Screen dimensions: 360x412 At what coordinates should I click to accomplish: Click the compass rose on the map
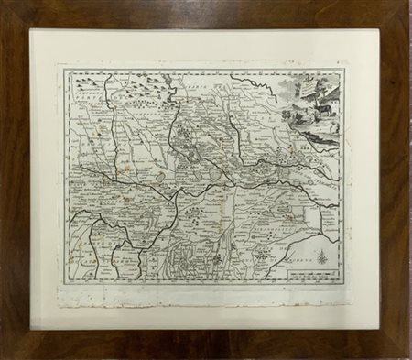(x=322, y=259)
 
